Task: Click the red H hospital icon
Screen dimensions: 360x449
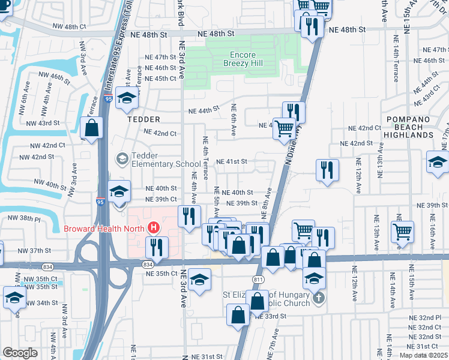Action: [x=154, y=228]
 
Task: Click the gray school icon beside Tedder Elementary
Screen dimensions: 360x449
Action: [x=123, y=158]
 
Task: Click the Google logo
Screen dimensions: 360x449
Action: [x=20, y=353]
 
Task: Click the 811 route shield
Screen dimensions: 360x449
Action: [x=256, y=280]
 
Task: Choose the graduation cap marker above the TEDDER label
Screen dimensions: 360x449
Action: [x=127, y=99]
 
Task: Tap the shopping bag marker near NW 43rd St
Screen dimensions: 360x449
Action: [x=92, y=128]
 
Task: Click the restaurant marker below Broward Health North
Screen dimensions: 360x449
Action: [x=157, y=247]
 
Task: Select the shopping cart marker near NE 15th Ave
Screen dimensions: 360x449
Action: [x=402, y=231]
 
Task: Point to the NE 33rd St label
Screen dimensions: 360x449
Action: [x=269, y=316]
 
